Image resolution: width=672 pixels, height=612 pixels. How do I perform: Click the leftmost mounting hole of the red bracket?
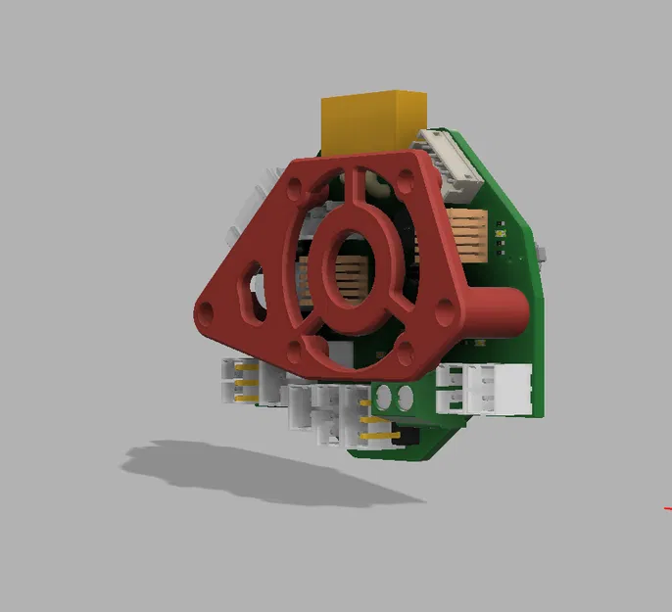(206, 311)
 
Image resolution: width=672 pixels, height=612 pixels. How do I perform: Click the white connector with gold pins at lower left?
(238, 380)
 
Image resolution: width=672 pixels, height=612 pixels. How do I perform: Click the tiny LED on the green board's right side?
(502, 232)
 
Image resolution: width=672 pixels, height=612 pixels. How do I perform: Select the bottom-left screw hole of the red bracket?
(293, 350)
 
